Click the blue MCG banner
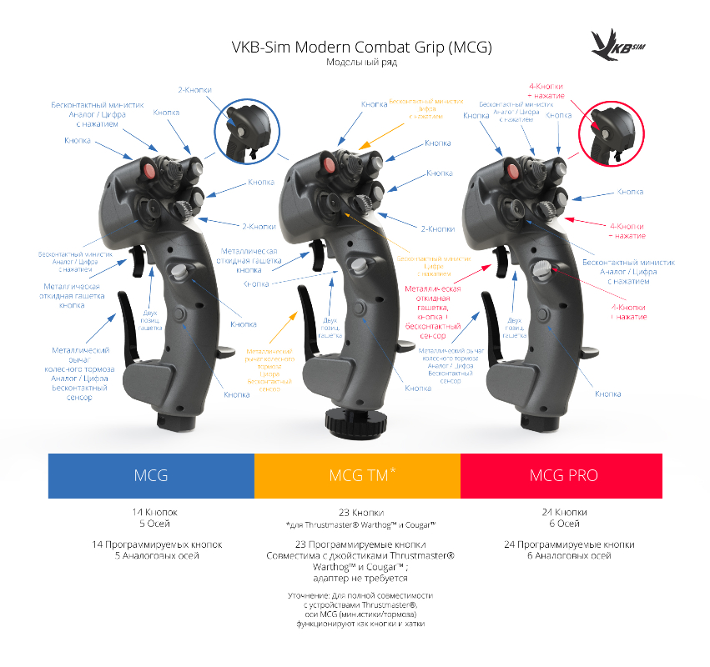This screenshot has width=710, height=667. [151, 475]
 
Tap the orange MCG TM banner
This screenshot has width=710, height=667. [356, 475]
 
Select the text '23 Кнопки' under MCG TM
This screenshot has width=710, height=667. [356, 512]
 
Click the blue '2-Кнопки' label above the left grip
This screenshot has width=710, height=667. [194, 89]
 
